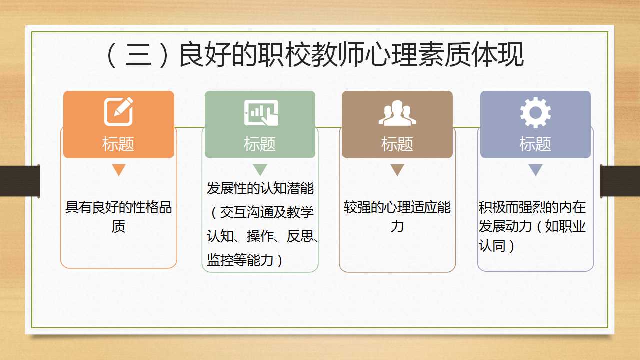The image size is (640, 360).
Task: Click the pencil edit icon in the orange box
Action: coord(118,111)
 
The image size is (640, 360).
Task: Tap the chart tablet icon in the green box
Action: coord(261,112)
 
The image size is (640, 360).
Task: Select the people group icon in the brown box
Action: coord(397,113)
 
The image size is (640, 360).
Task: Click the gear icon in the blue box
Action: coord(535,112)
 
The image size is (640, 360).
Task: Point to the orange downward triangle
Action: coord(119,169)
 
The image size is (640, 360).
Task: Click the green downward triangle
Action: coord(260,169)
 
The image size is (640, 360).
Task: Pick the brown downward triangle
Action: coord(397,169)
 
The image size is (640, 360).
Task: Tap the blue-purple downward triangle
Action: coord(535,169)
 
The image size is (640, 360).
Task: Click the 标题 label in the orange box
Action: coord(118,144)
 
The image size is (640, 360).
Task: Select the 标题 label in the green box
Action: coord(260,144)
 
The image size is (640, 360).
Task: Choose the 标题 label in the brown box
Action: coord(397,144)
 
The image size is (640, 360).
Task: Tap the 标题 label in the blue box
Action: coord(535,144)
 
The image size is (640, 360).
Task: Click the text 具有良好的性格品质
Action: coord(119,217)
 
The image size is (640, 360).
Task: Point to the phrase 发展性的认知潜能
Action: coord(260,188)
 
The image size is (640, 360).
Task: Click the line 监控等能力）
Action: coord(245,260)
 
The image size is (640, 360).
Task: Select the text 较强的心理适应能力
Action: coord(397,217)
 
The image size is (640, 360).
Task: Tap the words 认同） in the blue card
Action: coord(497,246)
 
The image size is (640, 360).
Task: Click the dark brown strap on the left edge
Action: coord(20,181)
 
